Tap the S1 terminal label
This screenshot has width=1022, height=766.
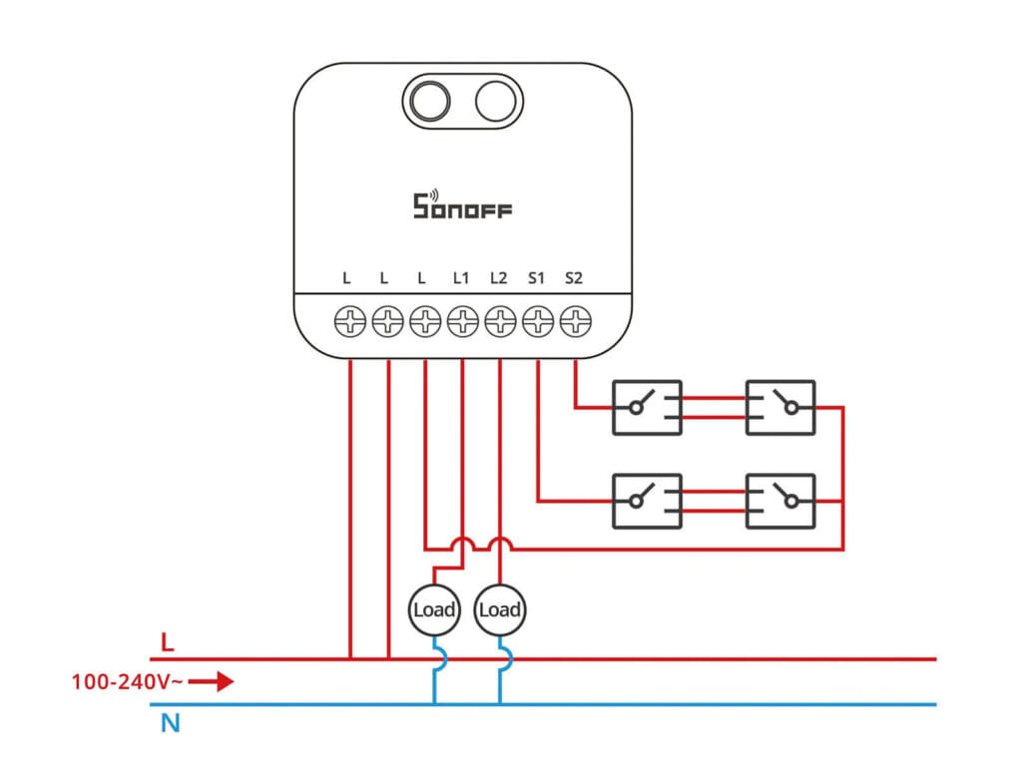[x=536, y=278]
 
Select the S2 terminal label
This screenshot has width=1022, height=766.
[x=573, y=278]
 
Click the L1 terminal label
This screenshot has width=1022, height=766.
[x=461, y=278]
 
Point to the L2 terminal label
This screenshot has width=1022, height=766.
[x=499, y=278]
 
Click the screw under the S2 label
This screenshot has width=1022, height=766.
[x=576, y=321]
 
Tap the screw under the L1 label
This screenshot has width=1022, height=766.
[x=462, y=321]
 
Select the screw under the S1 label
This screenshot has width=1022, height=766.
[x=538, y=321]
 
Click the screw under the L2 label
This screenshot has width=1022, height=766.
[x=500, y=321]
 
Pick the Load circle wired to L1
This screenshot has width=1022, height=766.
[x=434, y=609]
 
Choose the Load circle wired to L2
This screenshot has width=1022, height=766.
[x=500, y=609]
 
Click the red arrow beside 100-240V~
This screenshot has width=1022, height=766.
[x=212, y=682]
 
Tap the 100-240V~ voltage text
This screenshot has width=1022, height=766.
[x=126, y=683]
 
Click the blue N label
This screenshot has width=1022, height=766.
[x=171, y=723]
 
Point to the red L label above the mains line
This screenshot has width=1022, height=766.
[x=168, y=640]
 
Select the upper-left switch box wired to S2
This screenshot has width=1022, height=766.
[x=647, y=407]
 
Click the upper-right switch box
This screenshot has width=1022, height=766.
[x=780, y=407]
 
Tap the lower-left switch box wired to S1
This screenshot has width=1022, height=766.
[x=647, y=501]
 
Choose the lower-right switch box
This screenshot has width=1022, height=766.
[x=780, y=501]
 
